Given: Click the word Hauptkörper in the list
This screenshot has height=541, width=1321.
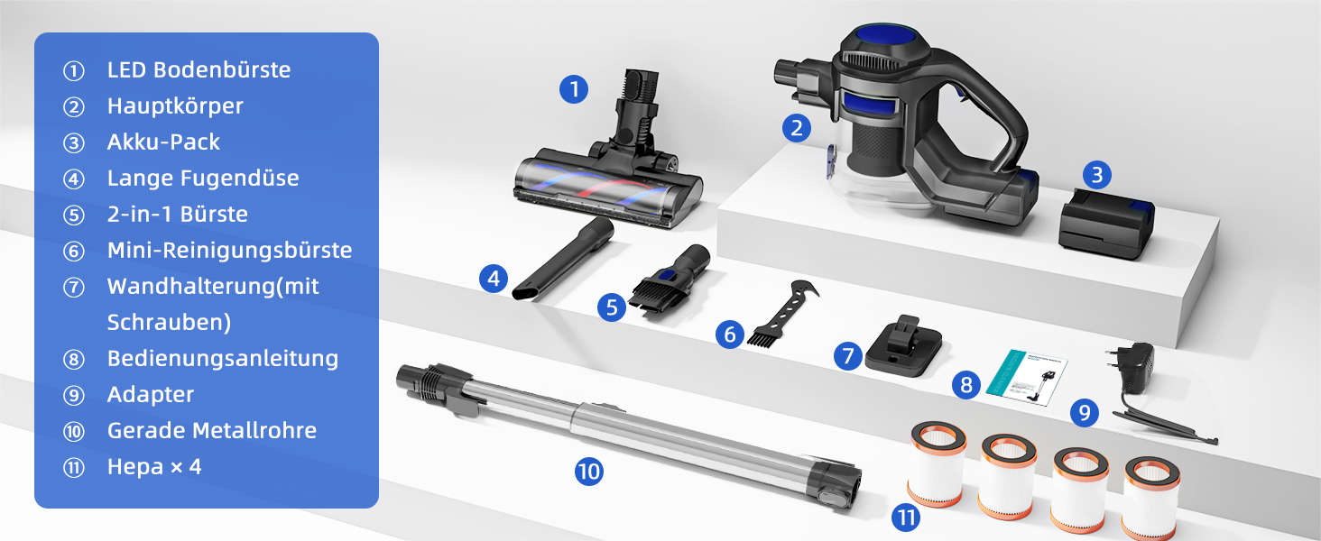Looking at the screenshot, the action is [x=175, y=106].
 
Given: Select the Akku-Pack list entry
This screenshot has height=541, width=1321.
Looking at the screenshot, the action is [x=163, y=142].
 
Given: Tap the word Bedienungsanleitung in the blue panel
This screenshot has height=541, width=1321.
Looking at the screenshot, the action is [x=223, y=358].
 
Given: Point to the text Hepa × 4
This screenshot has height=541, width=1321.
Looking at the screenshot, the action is [x=154, y=467].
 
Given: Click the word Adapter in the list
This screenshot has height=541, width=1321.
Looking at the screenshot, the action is [x=151, y=395].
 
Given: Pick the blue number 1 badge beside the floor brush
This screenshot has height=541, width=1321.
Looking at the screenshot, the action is [x=574, y=89].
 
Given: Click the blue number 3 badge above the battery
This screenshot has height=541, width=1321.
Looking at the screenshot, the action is [x=1097, y=175].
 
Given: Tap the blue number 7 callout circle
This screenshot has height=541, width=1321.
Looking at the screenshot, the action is [x=848, y=356].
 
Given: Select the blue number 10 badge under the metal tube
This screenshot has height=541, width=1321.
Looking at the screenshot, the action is [x=588, y=472].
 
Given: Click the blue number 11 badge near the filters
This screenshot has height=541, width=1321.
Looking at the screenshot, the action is [x=906, y=518].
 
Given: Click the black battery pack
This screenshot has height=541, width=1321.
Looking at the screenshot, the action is [x=1105, y=224].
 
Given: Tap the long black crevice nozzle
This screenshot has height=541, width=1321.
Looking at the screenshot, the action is [x=563, y=260].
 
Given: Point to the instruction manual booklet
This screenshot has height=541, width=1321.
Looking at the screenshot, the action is [x=1028, y=378].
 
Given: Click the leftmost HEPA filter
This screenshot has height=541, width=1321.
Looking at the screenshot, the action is [x=938, y=463].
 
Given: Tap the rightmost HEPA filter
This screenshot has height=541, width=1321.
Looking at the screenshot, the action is [x=1150, y=498].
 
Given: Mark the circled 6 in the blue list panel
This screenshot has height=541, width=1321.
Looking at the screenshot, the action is [x=74, y=252].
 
